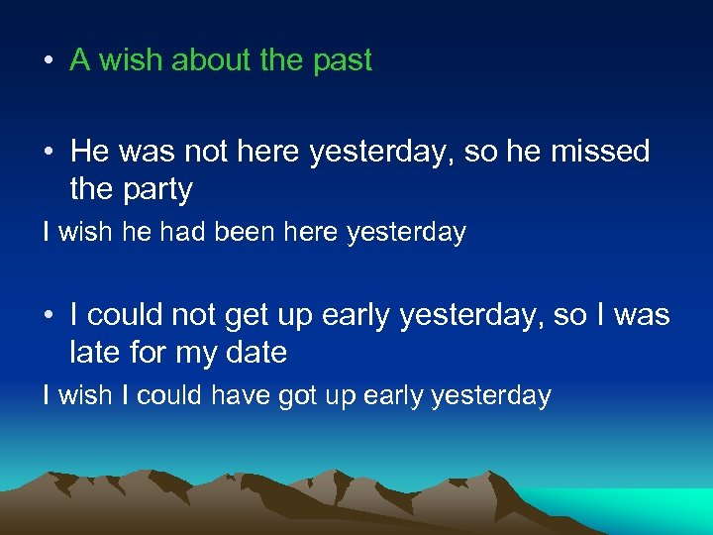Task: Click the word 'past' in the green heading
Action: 342,60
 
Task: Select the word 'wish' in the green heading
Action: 132,60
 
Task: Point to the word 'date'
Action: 255,352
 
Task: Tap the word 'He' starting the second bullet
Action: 89,152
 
